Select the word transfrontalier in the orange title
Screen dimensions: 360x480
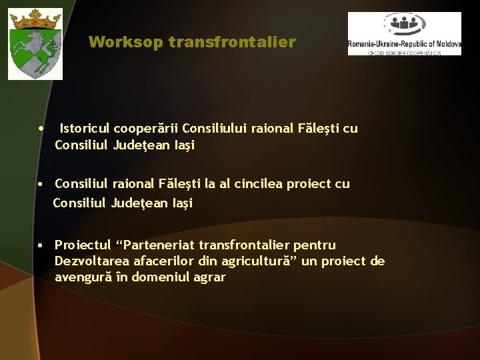click(x=232, y=43)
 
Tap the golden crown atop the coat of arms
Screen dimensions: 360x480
click(x=35, y=21)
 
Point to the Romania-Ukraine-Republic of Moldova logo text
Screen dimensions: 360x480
click(x=404, y=44)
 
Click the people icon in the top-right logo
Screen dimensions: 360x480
click(x=405, y=25)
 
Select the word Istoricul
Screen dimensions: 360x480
click(x=85, y=128)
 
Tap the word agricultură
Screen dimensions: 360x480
click(x=257, y=261)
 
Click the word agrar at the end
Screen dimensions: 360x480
click(x=209, y=277)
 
